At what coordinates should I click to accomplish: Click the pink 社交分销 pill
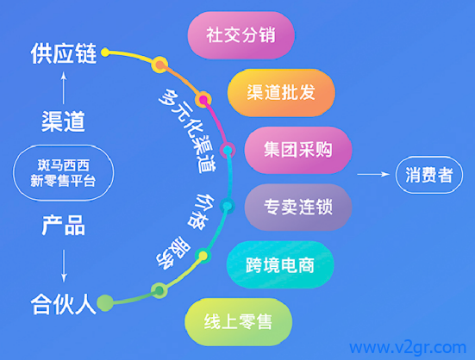(241, 34)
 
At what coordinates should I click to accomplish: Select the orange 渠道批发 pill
(281, 92)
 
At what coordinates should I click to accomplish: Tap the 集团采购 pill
(298, 150)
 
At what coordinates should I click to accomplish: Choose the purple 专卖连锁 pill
(298, 208)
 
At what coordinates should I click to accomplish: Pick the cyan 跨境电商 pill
(280, 264)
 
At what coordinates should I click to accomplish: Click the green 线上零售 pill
(239, 322)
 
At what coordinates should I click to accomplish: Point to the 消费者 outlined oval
(429, 175)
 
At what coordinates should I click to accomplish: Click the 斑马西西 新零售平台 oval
(63, 173)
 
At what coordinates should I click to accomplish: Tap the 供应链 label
(64, 53)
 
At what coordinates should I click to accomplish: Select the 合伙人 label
(63, 304)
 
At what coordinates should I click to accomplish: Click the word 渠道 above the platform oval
(63, 121)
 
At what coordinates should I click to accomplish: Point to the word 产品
(63, 225)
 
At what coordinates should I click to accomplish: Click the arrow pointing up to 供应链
(64, 88)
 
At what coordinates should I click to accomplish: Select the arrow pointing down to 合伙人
(64, 266)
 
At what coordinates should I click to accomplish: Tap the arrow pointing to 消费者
(373, 174)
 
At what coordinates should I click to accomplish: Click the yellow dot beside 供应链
(105, 53)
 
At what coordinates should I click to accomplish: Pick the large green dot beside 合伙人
(105, 303)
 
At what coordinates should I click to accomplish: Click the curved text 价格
(201, 211)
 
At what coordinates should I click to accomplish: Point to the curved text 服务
(173, 253)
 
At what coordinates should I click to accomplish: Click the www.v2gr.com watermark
(408, 348)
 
